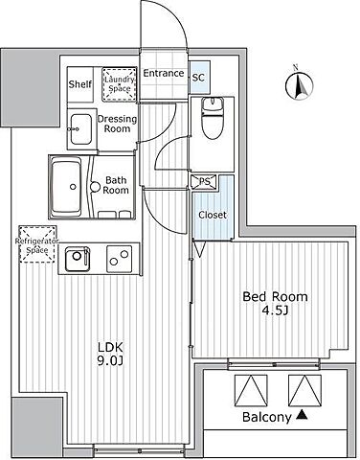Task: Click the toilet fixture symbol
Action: tap(214, 118)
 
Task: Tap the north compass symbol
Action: tap(299, 83)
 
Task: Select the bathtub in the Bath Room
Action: tap(66, 187)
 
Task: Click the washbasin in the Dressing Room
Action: tap(80, 129)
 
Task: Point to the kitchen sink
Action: tap(77, 259)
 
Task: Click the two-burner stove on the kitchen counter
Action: tap(119, 259)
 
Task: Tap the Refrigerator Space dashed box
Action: tap(37, 244)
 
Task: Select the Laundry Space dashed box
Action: tap(120, 84)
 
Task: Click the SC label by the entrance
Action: tap(198, 78)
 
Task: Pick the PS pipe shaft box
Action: tap(204, 181)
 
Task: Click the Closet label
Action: tap(213, 215)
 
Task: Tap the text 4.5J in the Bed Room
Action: tap(275, 310)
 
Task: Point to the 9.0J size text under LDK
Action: tap(110, 360)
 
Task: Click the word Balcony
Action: tap(267, 417)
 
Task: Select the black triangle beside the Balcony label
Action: tap(302, 415)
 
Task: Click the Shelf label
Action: tap(80, 84)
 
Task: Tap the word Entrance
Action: tap(164, 73)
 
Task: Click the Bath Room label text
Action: tap(116, 185)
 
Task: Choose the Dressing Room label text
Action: tap(117, 124)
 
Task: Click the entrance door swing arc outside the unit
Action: tap(174, 12)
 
